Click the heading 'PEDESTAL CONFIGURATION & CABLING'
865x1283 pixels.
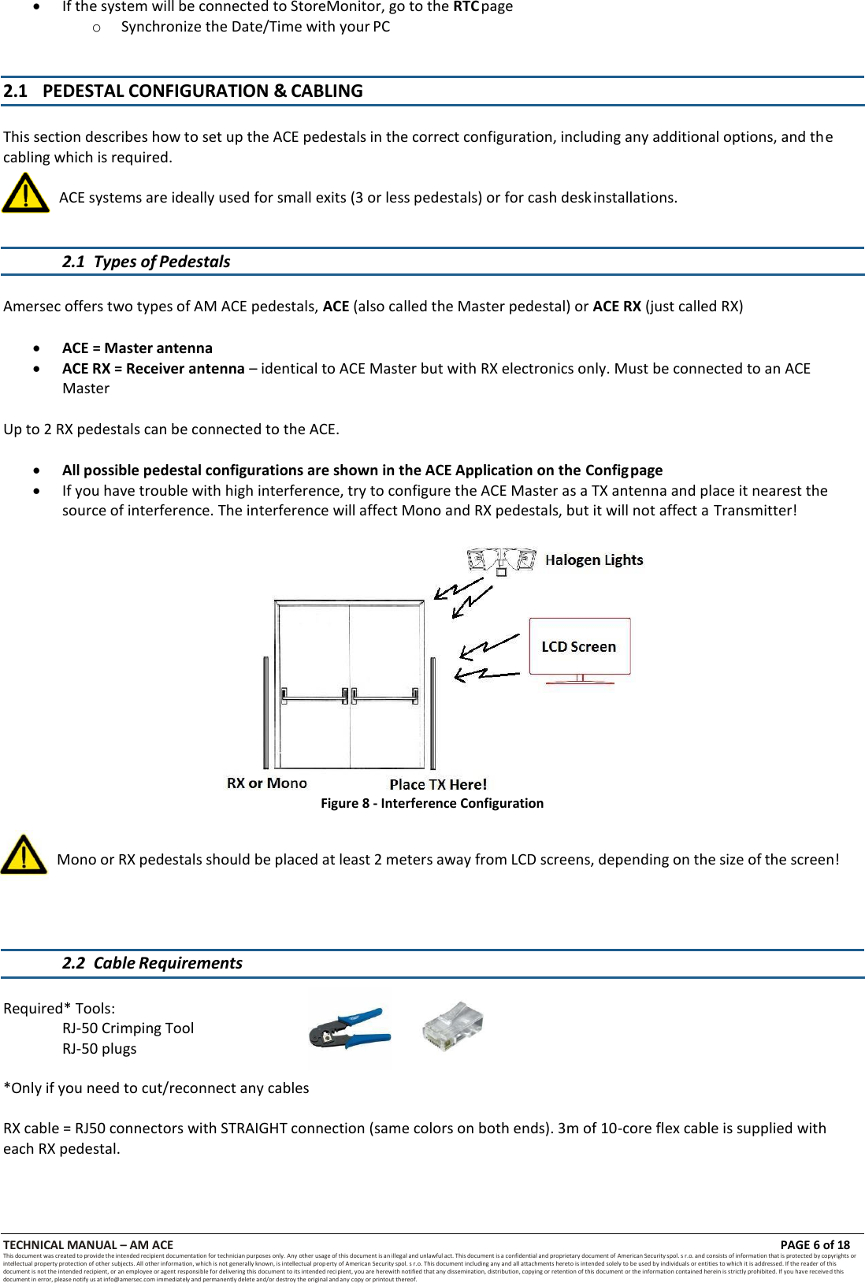[x=202, y=91]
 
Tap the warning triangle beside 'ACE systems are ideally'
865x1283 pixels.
[x=25, y=194]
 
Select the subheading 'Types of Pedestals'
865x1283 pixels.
[x=161, y=262]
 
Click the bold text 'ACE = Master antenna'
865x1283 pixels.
[x=137, y=348]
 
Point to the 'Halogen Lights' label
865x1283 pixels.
[x=594, y=560]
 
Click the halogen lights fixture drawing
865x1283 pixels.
[x=501, y=560]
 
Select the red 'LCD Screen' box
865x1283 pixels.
[x=579, y=646]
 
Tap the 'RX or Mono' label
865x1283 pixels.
[x=266, y=783]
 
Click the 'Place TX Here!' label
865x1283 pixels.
[x=438, y=784]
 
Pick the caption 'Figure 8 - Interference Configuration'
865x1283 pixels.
[x=432, y=803]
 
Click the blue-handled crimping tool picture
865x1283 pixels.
[x=350, y=1028]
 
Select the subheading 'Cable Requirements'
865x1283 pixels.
[x=168, y=963]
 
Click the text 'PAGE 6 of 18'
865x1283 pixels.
[x=815, y=1245]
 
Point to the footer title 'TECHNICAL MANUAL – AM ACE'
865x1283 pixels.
[x=88, y=1245]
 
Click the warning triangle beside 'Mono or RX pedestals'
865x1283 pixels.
[x=24, y=856]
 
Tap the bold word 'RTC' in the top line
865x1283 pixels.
[x=466, y=6]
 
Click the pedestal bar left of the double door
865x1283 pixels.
[x=266, y=712]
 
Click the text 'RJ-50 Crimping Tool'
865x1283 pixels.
[x=128, y=1028]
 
